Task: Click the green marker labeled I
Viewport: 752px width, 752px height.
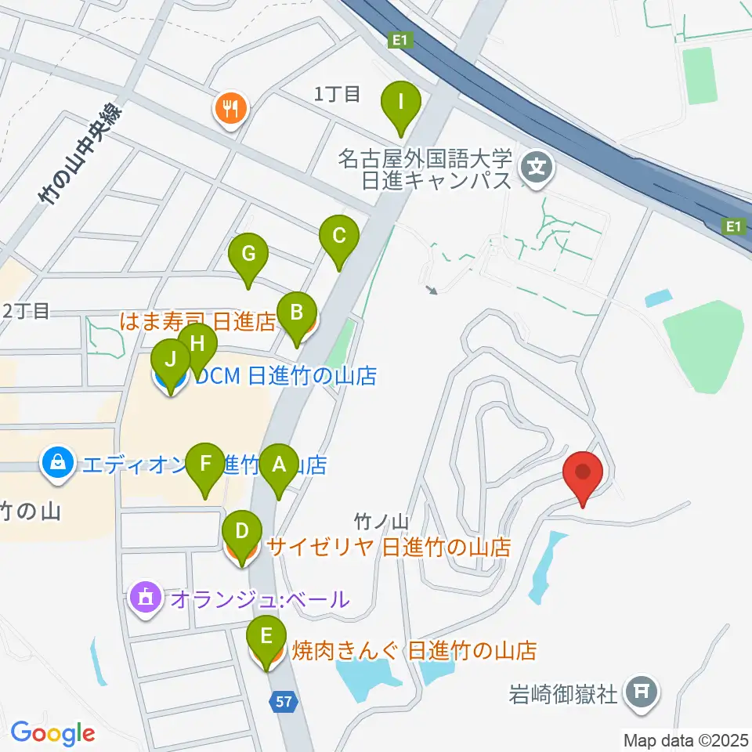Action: [x=401, y=102]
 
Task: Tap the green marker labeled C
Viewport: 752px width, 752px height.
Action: [x=339, y=235]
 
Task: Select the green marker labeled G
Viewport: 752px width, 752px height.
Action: [x=248, y=254]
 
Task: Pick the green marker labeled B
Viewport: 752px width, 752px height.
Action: [x=296, y=313]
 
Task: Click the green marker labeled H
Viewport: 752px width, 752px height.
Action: [x=197, y=343]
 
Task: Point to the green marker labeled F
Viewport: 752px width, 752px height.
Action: [x=206, y=463]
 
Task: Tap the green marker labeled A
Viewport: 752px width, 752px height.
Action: [x=278, y=464]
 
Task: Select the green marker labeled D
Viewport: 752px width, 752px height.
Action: [x=242, y=531]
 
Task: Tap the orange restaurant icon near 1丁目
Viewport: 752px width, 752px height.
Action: [x=230, y=107]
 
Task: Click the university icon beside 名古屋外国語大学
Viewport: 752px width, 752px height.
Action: [x=537, y=166]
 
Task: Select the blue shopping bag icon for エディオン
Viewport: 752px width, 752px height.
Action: [x=59, y=464]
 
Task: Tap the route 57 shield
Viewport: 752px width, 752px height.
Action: [x=284, y=702]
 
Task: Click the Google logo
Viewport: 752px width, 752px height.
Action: [x=52, y=734]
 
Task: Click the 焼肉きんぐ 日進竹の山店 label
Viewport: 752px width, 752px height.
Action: [x=414, y=650]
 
